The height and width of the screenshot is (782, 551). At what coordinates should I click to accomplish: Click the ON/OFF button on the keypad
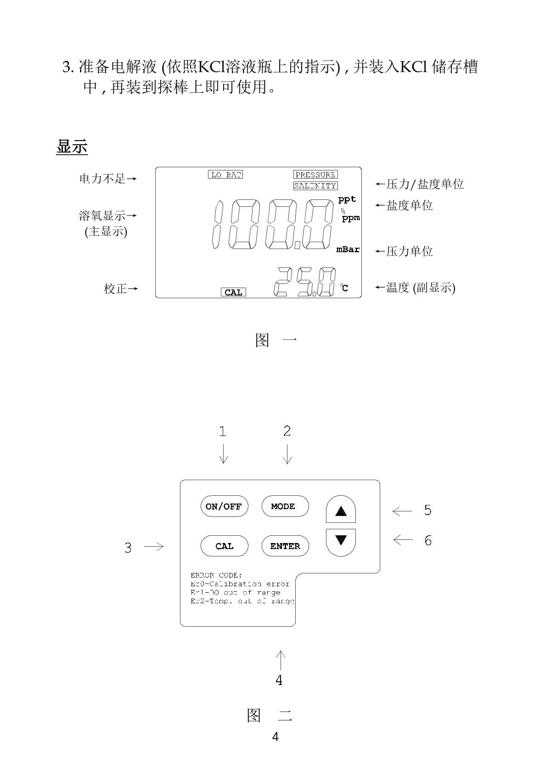[x=224, y=506]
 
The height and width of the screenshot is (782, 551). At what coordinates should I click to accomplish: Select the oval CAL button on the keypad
[x=224, y=546]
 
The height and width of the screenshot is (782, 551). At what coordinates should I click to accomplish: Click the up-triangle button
[x=341, y=510]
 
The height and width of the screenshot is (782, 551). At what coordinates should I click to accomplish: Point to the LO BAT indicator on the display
[x=225, y=175]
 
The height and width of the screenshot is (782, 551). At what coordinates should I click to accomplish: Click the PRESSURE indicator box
[x=315, y=175]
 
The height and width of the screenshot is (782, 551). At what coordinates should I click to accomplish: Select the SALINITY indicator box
[x=315, y=186]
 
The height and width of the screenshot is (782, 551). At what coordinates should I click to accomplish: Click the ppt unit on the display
[x=347, y=199]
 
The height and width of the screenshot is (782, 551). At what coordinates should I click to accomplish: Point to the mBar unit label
[x=348, y=249]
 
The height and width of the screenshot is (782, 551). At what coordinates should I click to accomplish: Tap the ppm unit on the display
[x=351, y=218]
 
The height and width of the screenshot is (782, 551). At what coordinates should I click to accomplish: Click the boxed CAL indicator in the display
[x=233, y=292]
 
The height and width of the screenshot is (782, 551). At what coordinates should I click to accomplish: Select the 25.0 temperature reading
[x=304, y=282]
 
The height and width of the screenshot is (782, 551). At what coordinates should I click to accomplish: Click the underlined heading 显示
[x=72, y=147]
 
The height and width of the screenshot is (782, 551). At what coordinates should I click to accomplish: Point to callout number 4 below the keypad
[x=279, y=680]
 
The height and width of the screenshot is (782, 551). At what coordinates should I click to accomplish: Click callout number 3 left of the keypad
[x=128, y=548]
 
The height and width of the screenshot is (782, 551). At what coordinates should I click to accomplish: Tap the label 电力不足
[x=102, y=179]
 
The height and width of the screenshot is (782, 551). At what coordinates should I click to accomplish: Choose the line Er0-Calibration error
[x=240, y=584]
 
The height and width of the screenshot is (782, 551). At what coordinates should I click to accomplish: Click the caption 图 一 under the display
[x=275, y=340]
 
